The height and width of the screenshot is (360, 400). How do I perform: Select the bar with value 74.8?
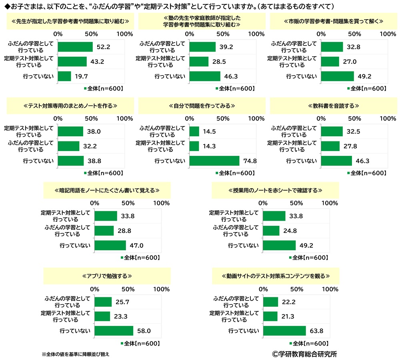click(214, 161)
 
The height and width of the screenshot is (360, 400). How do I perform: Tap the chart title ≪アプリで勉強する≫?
click(107, 276)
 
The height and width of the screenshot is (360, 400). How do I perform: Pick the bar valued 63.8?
click(284, 330)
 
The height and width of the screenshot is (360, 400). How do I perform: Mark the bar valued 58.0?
click(114, 330)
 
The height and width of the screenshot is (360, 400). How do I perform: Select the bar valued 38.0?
click(71, 131)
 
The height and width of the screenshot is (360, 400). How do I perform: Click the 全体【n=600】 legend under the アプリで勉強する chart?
click(140, 343)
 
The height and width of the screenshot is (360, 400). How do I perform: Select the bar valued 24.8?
click(271, 231)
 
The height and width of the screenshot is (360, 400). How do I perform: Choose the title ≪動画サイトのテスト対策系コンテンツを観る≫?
click(276, 276)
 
